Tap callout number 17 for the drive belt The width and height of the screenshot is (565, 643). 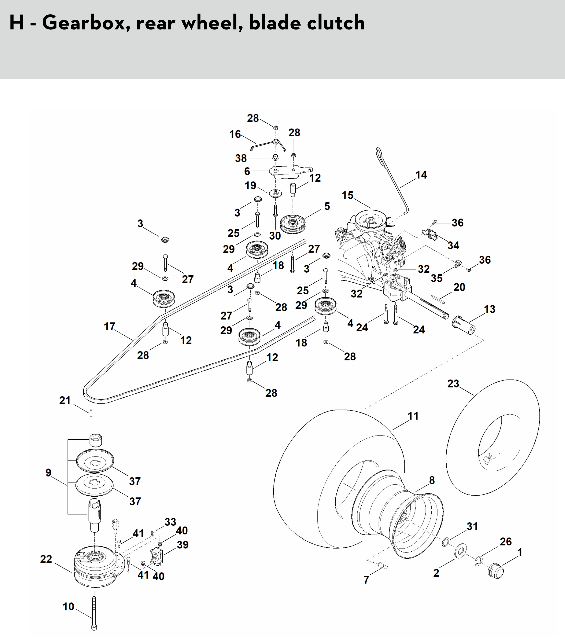[110, 327]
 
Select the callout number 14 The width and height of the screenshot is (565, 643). [421, 175]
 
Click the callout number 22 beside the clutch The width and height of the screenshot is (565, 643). [46, 559]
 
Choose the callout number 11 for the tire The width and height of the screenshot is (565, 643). [413, 416]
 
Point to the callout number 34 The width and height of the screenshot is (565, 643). [453, 245]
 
